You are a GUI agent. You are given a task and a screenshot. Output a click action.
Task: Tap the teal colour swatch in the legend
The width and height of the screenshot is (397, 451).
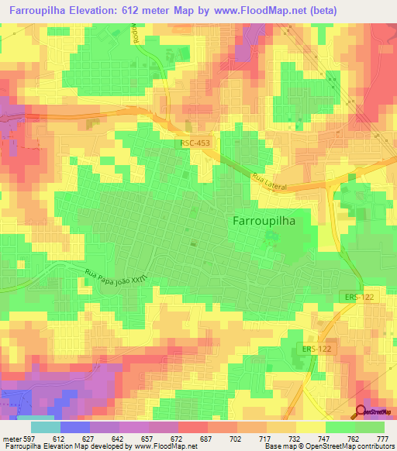pyautogui.click(x=45, y=427)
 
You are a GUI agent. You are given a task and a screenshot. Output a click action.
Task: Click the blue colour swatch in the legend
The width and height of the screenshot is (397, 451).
pyautogui.click(x=75, y=427)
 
